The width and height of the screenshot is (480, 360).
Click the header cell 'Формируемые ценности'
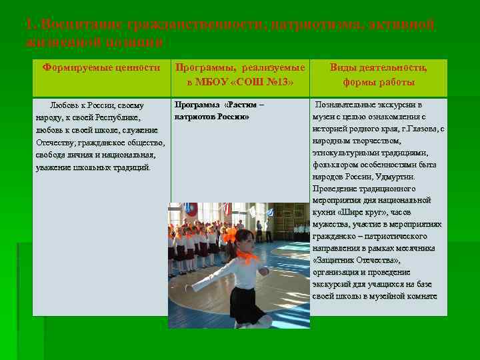(x=101, y=67)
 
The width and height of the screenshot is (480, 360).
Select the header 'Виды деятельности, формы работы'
(x=379, y=75)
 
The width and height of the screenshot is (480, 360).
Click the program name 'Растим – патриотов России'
(x=219, y=111)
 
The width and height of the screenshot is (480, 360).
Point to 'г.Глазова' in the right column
(x=417, y=129)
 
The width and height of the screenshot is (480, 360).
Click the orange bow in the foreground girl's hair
(x=231, y=234)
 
